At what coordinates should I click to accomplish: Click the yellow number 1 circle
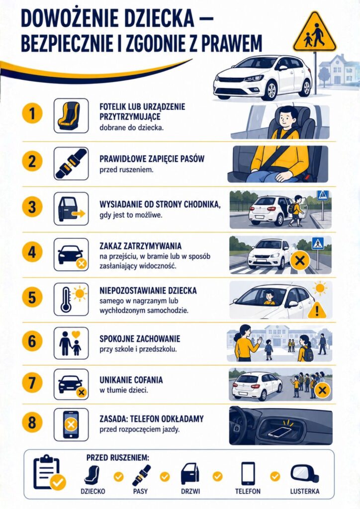(32, 114)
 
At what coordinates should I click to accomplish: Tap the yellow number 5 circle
(32, 297)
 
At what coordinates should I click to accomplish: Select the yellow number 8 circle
(32, 423)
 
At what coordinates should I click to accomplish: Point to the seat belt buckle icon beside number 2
(71, 164)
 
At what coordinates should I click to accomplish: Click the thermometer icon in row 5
(66, 300)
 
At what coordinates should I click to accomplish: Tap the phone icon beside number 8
(71, 424)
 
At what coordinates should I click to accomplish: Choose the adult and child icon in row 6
(71, 343)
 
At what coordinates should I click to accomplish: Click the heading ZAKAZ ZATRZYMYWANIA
(141, 246)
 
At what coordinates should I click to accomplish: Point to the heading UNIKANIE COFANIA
(131, 380)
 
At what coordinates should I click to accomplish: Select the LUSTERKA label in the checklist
(304, 492)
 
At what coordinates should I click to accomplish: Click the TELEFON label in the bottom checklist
(248, 492)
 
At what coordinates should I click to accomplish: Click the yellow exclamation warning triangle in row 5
(317, 310)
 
